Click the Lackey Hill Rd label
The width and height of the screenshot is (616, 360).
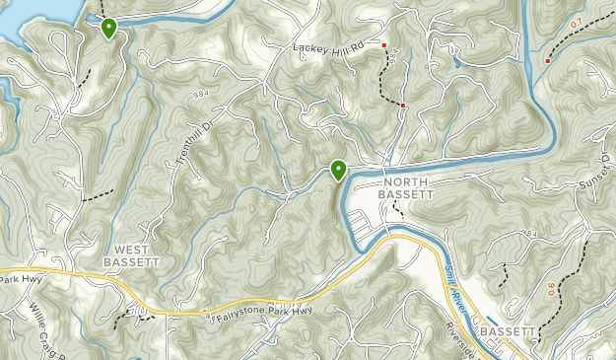click(x=329, y=46)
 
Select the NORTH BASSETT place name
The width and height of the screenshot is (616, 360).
click(x=408, y=188)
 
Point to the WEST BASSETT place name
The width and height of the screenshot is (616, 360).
click(x=131, y=255)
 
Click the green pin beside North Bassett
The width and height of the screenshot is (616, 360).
click(x=339, y=171)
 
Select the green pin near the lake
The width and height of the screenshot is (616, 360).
click(x=108, y=28)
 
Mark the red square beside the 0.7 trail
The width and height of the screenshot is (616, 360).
click(x=548, y=60)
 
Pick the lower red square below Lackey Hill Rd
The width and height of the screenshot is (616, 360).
click(x=403, y=104)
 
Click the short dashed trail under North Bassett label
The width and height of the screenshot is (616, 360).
click(x=399, y=209)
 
